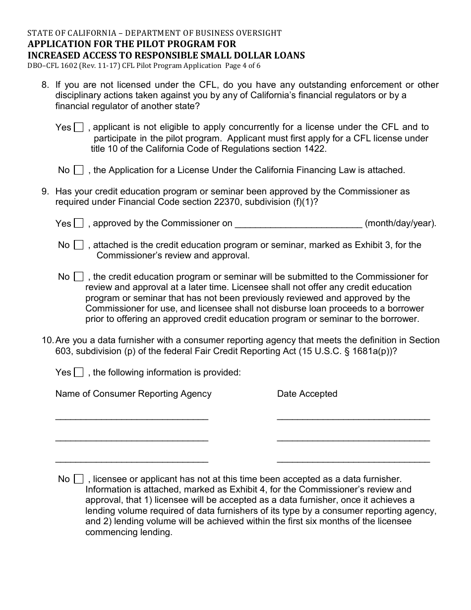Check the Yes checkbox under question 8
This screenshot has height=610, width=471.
(78, 127)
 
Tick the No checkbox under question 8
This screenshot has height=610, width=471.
(78, 170)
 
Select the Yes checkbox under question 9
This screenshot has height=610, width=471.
(78, 223)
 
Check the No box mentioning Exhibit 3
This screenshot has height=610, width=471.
(78, 245)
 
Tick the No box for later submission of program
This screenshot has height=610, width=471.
(78, 277)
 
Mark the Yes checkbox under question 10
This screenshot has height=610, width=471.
(78, 372)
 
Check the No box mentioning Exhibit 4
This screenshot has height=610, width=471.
(78, 479)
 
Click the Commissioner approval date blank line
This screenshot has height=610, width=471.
(298, 224)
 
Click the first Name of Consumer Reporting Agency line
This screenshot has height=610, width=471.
(131, 417)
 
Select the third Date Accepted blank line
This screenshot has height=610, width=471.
(353, 460)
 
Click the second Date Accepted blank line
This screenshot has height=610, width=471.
(353, 438)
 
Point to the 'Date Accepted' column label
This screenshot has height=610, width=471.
(307, 394)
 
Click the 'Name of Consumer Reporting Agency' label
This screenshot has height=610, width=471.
(133, 394)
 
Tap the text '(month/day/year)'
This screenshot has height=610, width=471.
(401, 223)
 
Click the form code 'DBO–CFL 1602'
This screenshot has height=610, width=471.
(52, 65)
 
